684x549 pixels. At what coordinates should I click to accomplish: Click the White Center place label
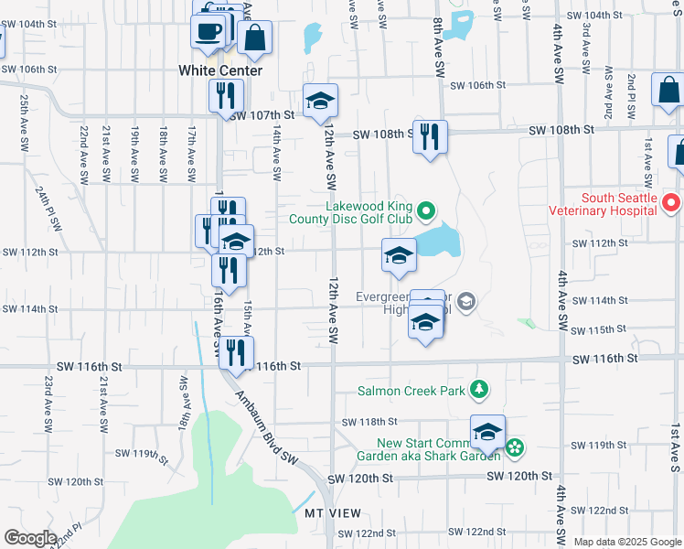coord(220,70)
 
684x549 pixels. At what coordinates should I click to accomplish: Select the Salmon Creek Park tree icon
coord(477,391)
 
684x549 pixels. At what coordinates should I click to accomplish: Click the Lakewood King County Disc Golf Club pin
coord(425,212)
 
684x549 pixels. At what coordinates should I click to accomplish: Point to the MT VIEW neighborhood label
coord(333,512)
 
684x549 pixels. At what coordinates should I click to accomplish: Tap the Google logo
coord(30,538)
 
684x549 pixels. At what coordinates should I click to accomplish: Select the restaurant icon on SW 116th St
coord(236,353)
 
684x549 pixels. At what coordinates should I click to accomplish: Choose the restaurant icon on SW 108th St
coord(430,136)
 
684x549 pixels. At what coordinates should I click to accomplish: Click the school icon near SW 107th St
coord(321,101)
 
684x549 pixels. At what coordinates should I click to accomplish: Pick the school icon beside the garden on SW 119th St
coord(487,432)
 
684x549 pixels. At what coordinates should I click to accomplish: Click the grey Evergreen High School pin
coord(465,301)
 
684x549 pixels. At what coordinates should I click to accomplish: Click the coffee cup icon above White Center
coord(208,30)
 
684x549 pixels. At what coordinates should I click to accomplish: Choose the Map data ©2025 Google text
coord(627,542)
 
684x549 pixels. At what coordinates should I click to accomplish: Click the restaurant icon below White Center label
coord(225,95)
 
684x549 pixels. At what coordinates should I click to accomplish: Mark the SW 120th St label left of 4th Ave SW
coord(519,476)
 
